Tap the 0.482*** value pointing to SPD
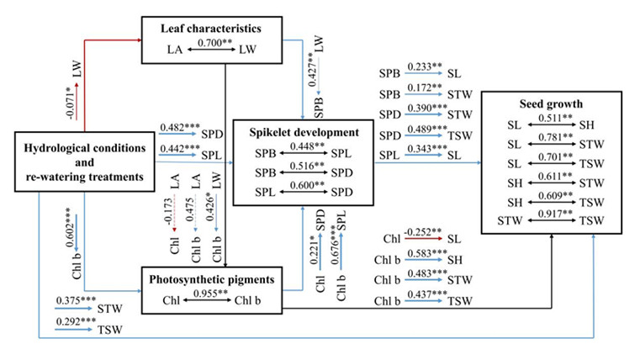[179, 127]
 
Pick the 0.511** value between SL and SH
[550, 119]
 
